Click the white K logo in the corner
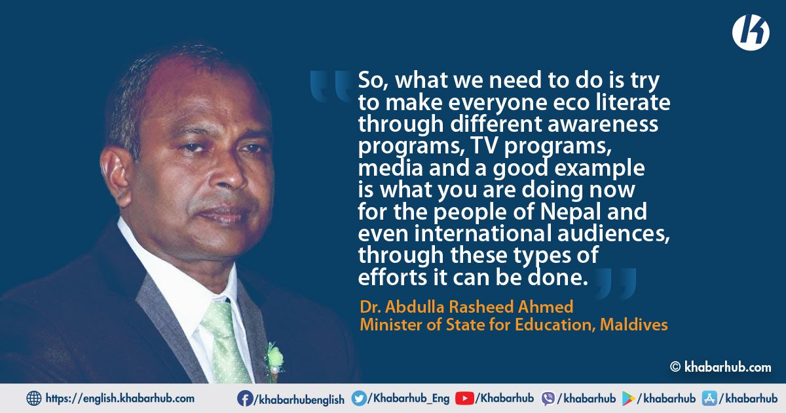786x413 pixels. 751,33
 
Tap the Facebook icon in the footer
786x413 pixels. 245,399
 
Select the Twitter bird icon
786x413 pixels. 359,399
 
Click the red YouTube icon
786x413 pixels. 464,399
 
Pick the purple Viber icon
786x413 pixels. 548,399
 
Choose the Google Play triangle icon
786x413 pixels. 628,399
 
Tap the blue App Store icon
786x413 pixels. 709,399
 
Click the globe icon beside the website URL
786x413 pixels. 34,399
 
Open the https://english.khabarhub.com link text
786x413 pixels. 120,399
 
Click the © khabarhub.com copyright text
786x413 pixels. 720,367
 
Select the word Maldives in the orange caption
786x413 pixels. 634,324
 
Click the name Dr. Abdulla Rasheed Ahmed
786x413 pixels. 466,307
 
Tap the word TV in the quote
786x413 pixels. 485,145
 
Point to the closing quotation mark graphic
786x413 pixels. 614,284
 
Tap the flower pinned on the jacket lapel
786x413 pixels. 274,358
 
